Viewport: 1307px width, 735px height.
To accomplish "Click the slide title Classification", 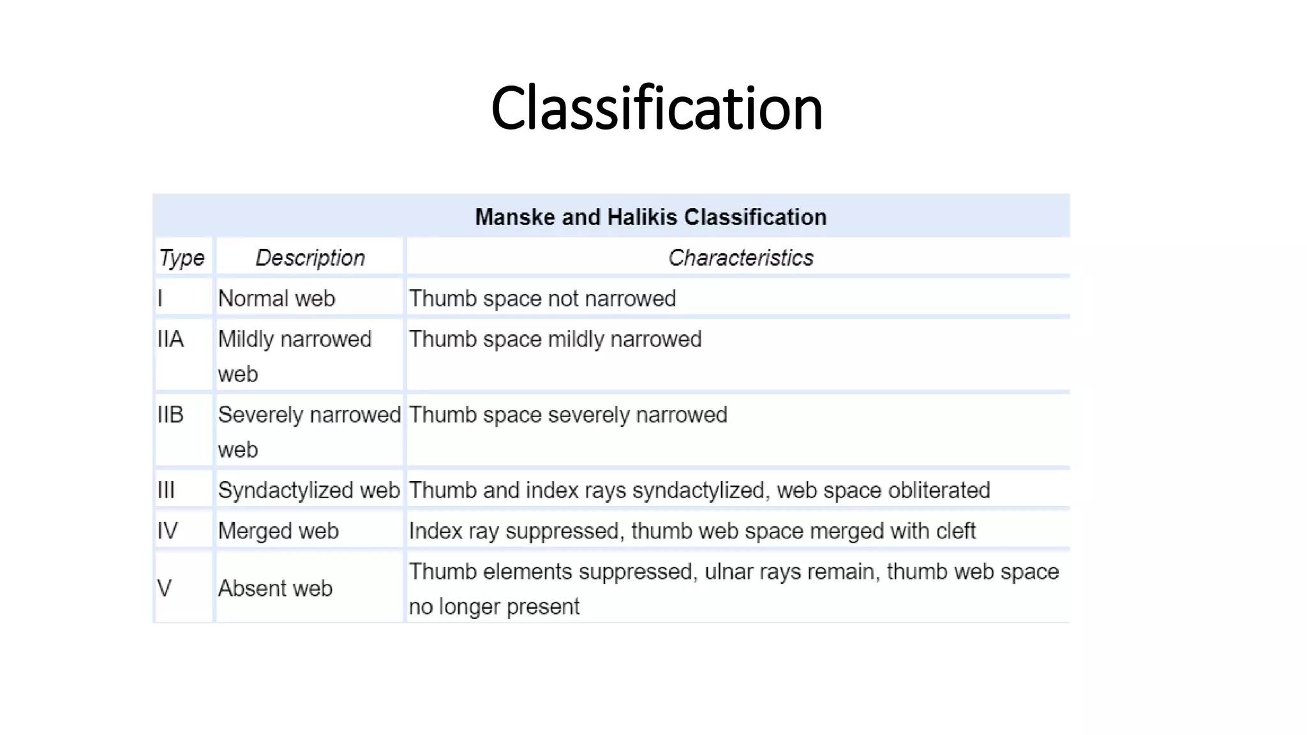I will click(657, 108).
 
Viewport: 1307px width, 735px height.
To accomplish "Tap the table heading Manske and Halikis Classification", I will click(650, 218).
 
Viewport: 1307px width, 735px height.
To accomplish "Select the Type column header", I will click(182, 258).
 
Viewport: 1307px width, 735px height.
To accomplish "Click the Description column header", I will click(310, 258).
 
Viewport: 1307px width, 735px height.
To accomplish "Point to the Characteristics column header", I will click(740, 258).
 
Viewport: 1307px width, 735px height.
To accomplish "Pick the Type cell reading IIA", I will click(170, 339).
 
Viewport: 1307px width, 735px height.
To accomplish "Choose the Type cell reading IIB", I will click(170, 415).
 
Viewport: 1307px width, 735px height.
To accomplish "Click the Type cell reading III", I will click(166, 491).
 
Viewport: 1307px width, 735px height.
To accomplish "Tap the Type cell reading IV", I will click(167, 531).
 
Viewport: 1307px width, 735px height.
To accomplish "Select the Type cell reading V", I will click(164, 588).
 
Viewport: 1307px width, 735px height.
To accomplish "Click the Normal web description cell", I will click(276, 299).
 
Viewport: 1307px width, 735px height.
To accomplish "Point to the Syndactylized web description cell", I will click(309, 491).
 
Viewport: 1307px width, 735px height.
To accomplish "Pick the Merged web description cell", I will click(278, 531).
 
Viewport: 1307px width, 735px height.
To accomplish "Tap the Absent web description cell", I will click(275, 588).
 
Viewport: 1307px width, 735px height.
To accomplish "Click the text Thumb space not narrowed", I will click(542, 299).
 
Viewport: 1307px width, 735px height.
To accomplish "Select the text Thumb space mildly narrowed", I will click(555, 339).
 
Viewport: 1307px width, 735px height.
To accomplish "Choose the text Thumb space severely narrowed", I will click(567, 415).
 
